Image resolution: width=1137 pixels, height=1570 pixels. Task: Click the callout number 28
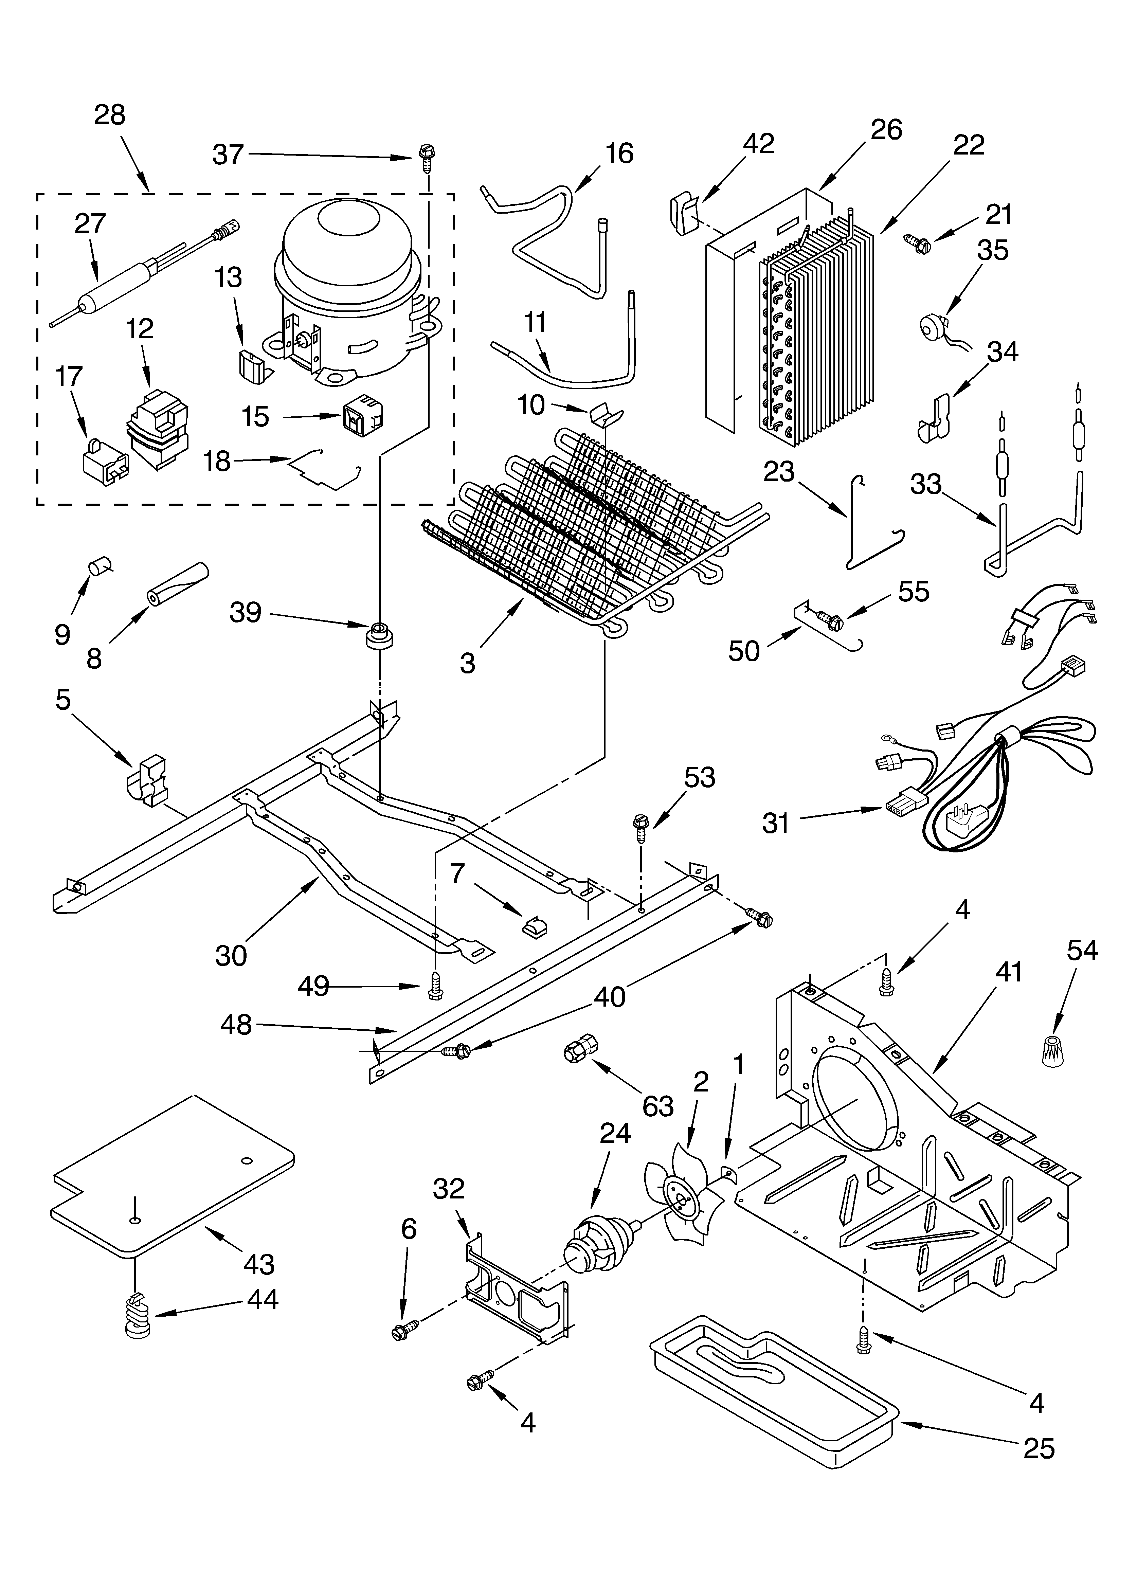pos(109,115)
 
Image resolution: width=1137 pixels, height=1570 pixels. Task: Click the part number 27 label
pos(90,223)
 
